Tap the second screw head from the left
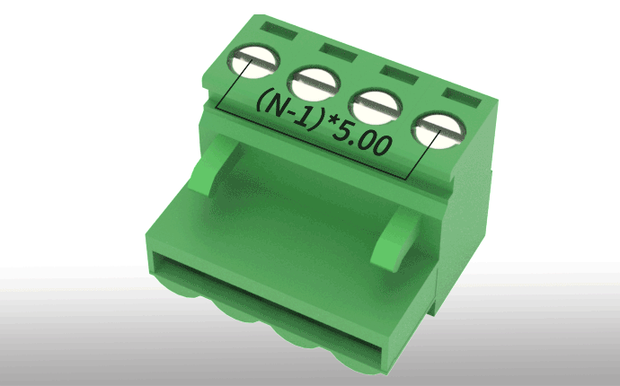click(314, 83)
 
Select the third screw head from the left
click(376, 107)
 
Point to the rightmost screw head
click(438, 130)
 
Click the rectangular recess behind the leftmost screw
click(279, 31)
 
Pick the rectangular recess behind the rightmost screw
click(462, 98)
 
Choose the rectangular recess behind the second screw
click(338, 52)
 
